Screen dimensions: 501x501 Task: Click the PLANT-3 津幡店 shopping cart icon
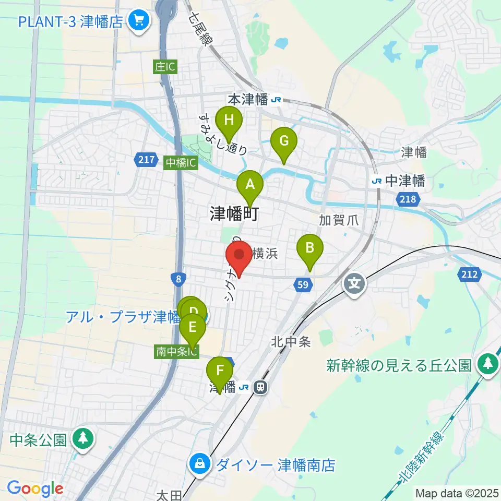tap(139, 21)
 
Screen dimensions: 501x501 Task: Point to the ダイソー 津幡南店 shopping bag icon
tap(199, 462)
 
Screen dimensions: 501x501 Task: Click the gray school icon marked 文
tap(355, 284)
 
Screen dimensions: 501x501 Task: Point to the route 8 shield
tap(178, 279)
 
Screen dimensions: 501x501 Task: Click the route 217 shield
tap(148, 160)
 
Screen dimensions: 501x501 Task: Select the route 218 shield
tap(407, 199)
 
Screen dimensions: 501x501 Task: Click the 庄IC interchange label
tap(165, 67)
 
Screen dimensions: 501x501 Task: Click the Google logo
tap(35, 488)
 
